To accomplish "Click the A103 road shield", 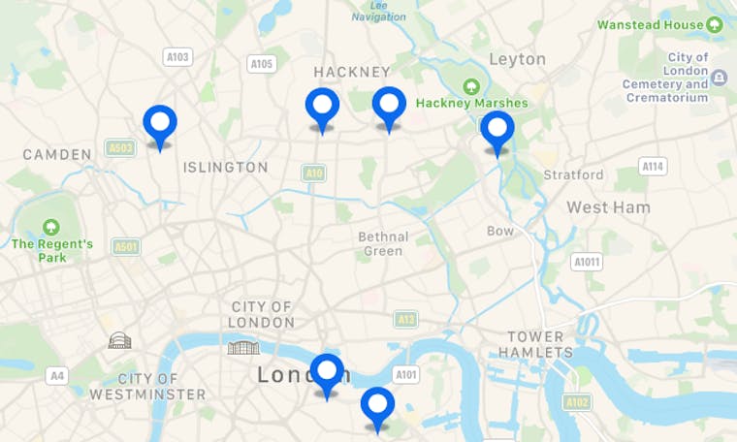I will [177, 57].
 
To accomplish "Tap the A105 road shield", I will [262, 64].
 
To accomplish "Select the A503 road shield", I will [120, 148].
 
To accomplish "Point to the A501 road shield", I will [126, 247].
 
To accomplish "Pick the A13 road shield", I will [406, 319].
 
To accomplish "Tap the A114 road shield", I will [654, 167].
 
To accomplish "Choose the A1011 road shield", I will [587, 262].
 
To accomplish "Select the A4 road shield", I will [58, 375].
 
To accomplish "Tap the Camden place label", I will [56, 154].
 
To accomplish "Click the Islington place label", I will [225, 168].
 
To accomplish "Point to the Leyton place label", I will [517, 59].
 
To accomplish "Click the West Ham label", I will [608, 207].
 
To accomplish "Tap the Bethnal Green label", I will [383, 244].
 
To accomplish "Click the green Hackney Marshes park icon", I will [471, 85].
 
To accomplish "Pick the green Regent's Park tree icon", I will [50, 227].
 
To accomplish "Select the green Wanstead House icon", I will [716, 24].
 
